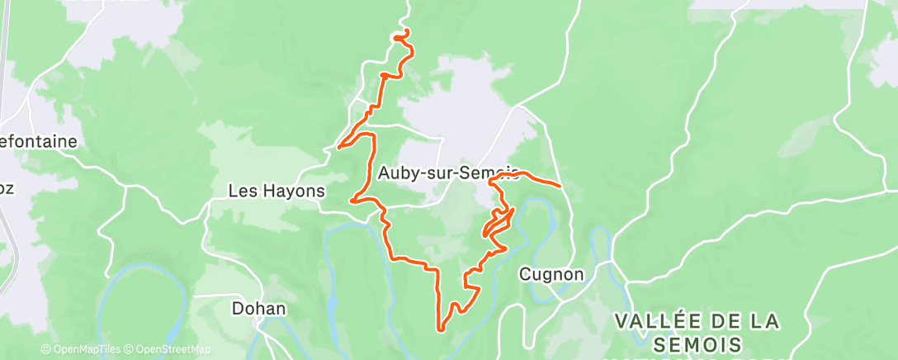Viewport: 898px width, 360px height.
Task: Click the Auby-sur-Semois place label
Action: pyautogui.click(x=448, y=173)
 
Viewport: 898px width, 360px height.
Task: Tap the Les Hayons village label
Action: pyautogui.click(x=276, y=191)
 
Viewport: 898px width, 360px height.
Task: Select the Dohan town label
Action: pyautogui.click(x=258, y=309)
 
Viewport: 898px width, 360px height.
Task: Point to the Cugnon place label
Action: pyautogui.click(x=552, y=274)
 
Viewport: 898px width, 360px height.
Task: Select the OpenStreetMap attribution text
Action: pyautogui.click(x=168, y=349)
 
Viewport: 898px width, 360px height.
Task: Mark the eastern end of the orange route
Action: pyautogui.click(x=561, y=186)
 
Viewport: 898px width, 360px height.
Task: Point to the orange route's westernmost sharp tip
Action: pyautogui.click(x=338, y=149)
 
